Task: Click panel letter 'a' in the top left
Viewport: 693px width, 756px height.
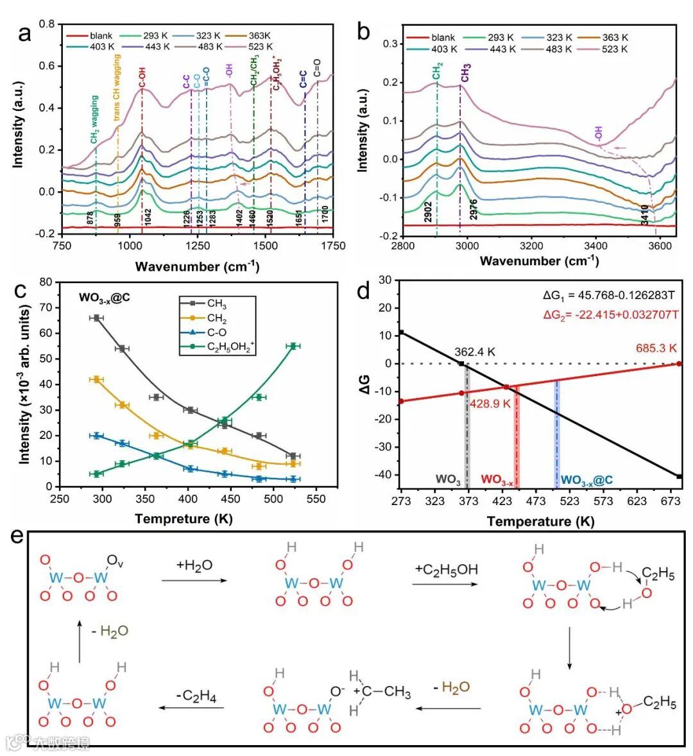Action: pos(24,33)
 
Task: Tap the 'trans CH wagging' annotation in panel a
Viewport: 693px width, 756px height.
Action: pos(117,88)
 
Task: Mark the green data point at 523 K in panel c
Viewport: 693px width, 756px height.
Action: pos(293,346)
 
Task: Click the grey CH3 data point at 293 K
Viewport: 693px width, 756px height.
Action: pos(96,318)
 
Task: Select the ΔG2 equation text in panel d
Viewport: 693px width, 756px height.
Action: pos(611,314)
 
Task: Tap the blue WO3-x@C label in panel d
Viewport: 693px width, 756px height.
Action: pos(587,479)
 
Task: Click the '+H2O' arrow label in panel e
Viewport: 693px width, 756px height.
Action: pos(194,565)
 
